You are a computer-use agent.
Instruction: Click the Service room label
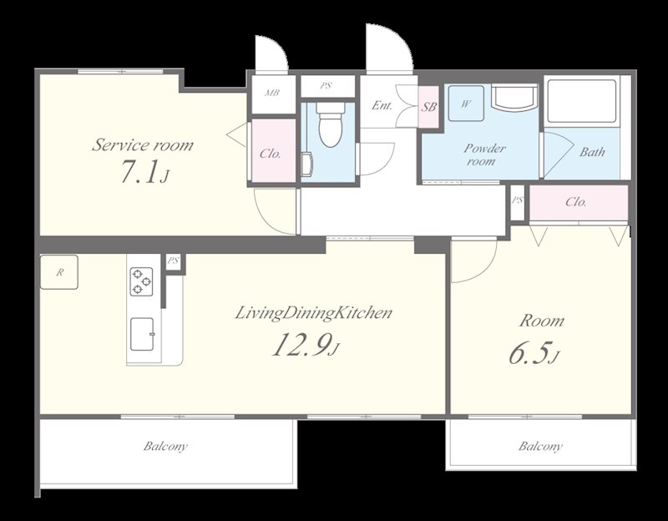tap(143, 144)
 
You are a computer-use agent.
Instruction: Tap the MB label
tap(272, 92)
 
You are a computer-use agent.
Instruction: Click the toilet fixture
tap(330, 124)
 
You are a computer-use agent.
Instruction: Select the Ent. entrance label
tap(382, 105)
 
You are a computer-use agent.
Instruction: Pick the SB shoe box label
tap(428, 107)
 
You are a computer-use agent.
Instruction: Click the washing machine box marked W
tap(466, 104)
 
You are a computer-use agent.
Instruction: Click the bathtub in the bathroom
tap(581, 101)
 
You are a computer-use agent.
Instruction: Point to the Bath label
tap(592, 152)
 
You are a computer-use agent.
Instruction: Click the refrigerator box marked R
tap(59, 272)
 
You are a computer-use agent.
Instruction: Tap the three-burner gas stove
tap(141, 281)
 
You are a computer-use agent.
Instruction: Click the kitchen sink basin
tap(142, 334)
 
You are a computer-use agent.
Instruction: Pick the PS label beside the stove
tap(173, 260)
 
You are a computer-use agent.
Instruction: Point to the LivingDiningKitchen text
tap(314, 313)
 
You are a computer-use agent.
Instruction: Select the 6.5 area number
tap(534, 353)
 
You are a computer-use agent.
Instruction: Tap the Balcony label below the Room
tap(540, 447)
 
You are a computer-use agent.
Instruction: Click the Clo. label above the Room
tap(576, 201)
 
